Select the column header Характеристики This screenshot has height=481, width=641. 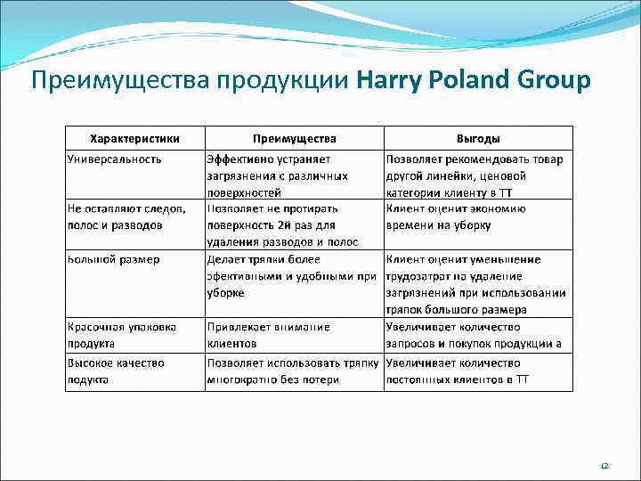tap(135, 138)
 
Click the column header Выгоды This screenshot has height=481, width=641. tap(478, 138)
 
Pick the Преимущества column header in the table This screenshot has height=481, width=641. tap(295, 138)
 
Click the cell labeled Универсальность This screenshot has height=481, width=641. tap(115, 159)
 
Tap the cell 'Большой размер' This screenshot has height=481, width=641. tap(114, 259)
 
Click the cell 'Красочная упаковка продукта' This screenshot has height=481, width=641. tap(122, 335)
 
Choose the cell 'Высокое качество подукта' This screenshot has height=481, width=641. tap(116, 371)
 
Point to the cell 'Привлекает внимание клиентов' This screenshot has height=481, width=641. tap(268, 335)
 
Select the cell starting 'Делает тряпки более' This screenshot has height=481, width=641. tap(292, 275)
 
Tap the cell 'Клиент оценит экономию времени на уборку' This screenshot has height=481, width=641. tap(456, 216)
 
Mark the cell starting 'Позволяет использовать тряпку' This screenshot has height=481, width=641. tap(293, 371)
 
